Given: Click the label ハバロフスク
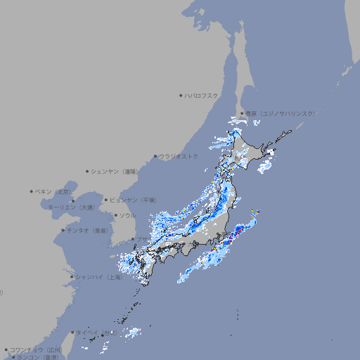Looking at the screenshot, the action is (202, 95).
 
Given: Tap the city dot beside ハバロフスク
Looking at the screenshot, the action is (181, 95).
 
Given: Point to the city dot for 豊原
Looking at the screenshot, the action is (242, 113).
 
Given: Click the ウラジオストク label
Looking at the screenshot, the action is (179, 156).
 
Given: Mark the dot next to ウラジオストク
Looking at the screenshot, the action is (155, 156).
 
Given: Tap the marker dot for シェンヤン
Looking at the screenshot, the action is (88, 171).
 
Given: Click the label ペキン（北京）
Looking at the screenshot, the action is (53, 191).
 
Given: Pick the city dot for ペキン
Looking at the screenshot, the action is (32, 191).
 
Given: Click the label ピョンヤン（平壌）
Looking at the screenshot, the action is (134, 200).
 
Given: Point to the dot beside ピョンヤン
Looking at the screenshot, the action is (106, 200).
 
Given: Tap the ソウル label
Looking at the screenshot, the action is (127, 215).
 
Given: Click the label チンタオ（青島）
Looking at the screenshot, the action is (88, 231).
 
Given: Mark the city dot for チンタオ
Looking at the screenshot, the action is (63, 231).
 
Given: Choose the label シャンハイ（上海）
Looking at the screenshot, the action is (98, 277).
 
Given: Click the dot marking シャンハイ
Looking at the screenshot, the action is (72, 277).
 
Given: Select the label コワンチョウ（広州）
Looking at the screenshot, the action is (35, 349).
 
